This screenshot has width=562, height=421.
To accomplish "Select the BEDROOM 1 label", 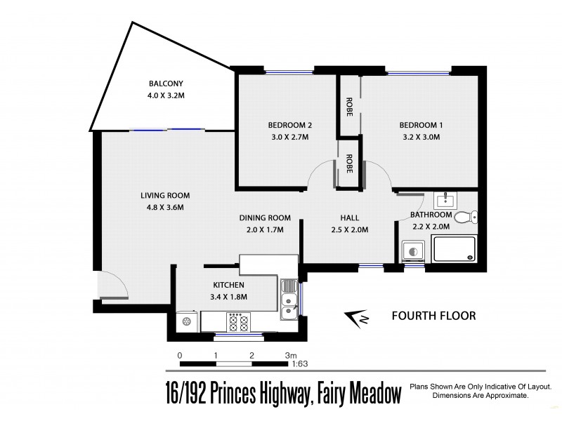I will [x=421, y=125].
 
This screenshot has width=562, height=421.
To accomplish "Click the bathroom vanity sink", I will [x=444, y=201].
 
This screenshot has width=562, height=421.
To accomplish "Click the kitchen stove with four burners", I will [x=237, y=322].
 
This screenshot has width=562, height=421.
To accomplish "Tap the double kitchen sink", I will [x=289, y=302].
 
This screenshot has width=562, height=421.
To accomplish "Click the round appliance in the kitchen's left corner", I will [x=187, y=321].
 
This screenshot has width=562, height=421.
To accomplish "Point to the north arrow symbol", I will [x=359, y=318].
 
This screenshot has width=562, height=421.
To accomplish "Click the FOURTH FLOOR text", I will [x=433, y=316].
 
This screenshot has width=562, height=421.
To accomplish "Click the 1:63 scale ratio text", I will [x=299, y=365].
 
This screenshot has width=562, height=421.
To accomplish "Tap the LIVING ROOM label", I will [x=164, y=196].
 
